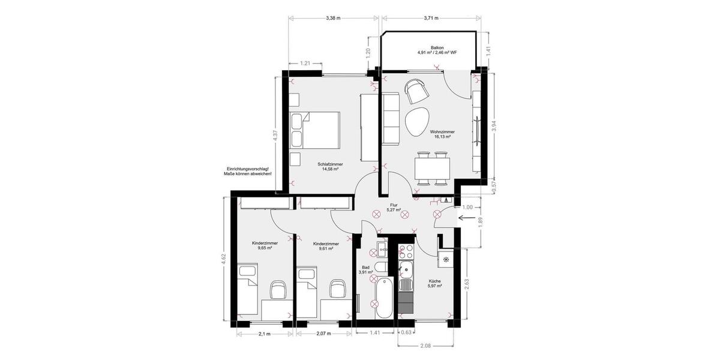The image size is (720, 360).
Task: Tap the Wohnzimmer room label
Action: point(442,134)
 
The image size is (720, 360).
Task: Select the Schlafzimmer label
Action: point(330,166)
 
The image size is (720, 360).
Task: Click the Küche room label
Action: point(435,284)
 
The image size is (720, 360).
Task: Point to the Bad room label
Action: point(365,270)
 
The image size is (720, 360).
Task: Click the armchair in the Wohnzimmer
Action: point(416,91)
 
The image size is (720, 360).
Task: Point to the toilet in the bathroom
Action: point(380,268)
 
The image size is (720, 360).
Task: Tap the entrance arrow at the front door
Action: point(465,218)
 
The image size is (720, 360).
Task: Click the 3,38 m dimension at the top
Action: point(333,18)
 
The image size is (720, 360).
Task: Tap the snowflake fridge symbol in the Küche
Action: point(446,260)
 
